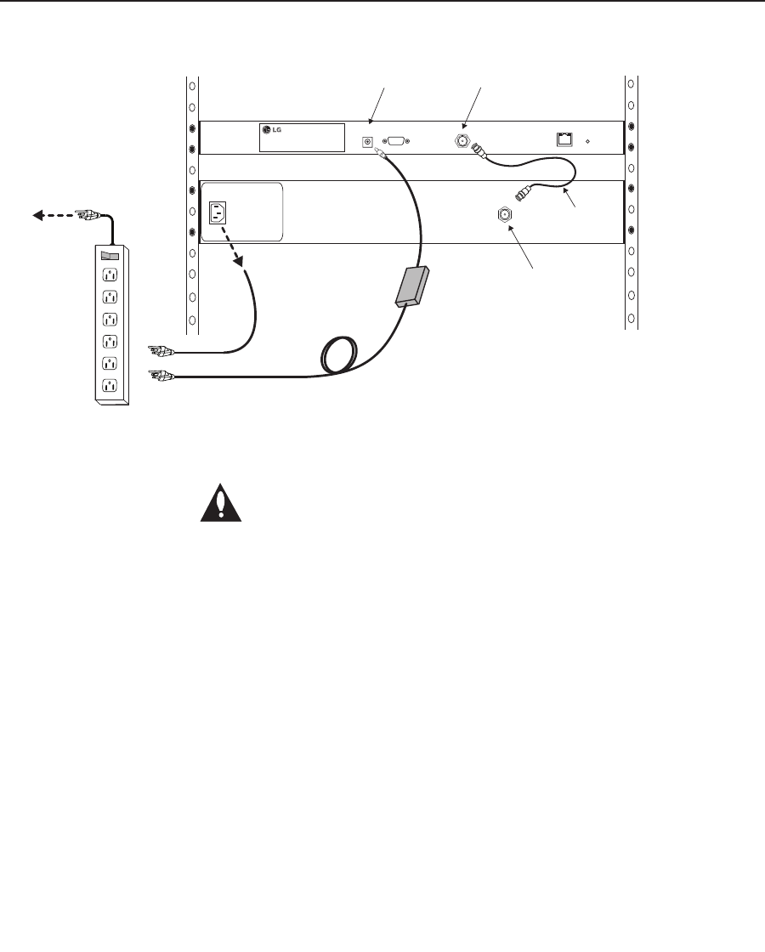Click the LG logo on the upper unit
[271, 129]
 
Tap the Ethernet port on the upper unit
[564, 139]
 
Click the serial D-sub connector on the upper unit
[395, 141]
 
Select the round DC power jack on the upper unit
[367, 142]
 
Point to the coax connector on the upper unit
[462, 141]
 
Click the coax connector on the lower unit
[505, 214]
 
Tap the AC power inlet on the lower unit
[218, 212]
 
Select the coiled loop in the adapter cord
[339, 355]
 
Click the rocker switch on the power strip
[110, 256]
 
